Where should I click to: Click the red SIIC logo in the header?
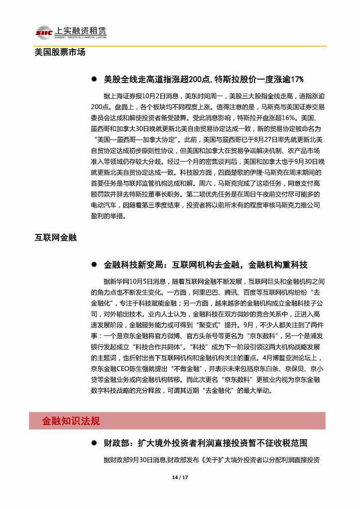click(x=43, y=32)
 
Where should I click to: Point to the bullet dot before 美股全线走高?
click(x=94, y=79)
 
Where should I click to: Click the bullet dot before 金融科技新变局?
click(x=94, y=265)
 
